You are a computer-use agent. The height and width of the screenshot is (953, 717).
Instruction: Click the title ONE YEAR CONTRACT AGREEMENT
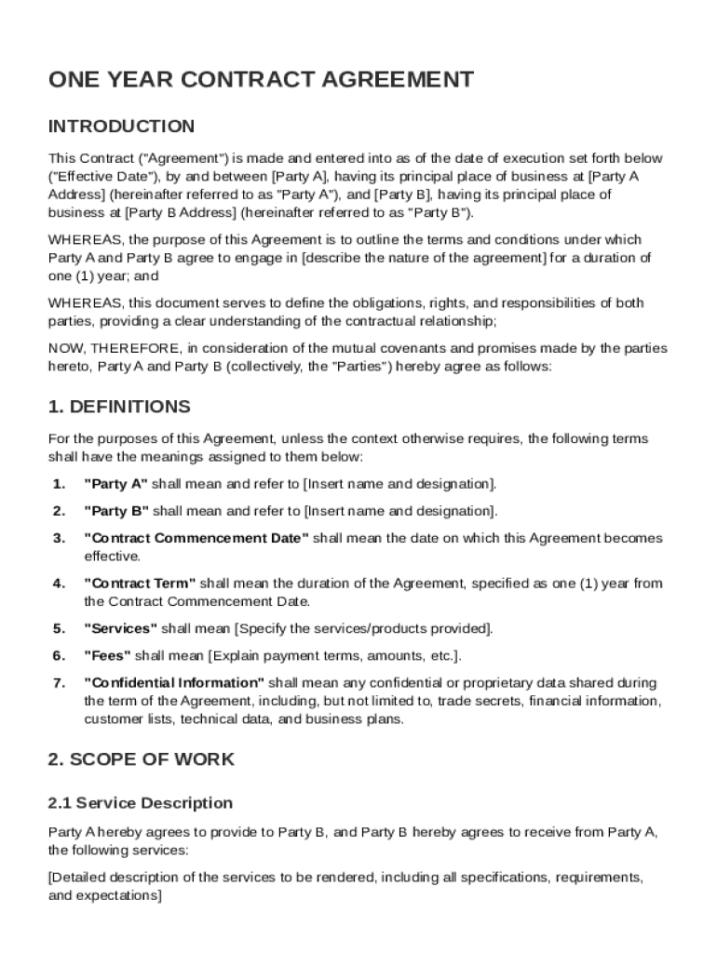(x=261, y=80)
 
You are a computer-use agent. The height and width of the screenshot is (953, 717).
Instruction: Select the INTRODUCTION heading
(x=121, y=127)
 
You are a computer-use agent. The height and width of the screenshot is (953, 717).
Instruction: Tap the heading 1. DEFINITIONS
(x=119, y=407)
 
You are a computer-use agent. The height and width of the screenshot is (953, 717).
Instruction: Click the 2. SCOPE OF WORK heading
(x=141, y=759)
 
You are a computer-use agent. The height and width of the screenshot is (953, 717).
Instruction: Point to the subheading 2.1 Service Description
(x=140, y=803)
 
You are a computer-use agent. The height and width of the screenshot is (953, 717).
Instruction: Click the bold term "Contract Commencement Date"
(x=196, y=538)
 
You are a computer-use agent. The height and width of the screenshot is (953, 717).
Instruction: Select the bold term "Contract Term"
(x=140, y=584)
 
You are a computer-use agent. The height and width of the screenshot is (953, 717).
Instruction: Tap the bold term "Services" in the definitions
(x=121, y=628)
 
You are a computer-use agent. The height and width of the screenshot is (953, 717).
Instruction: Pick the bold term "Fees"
(x=108, y=655)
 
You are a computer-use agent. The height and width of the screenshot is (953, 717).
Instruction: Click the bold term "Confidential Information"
(x=174, y=683)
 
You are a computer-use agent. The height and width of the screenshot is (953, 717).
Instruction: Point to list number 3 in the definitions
(x=59, y=538)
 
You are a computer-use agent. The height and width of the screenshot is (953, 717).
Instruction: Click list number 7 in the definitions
(x=59, y=683)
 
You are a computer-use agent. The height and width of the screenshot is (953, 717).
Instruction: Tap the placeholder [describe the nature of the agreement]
(x=423, y=258)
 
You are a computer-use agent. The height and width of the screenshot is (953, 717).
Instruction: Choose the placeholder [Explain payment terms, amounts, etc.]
(x=334, y=655)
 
